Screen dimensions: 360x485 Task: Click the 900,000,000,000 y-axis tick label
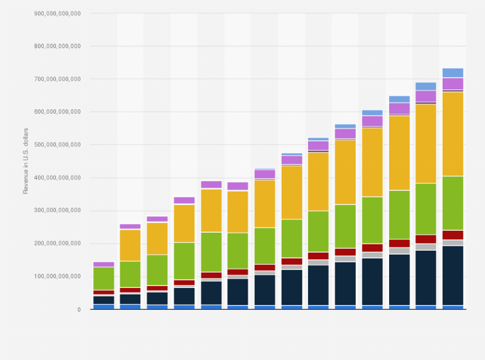[59, 14]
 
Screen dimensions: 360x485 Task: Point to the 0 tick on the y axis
[78, 309]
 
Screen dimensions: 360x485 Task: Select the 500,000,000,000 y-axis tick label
[59, 145]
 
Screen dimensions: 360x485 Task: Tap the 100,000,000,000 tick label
[59, 276]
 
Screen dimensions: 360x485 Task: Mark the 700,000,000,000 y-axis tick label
[59, 79]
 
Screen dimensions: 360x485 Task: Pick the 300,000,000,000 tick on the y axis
[59, 210]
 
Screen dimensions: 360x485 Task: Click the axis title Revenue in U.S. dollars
[26, 161]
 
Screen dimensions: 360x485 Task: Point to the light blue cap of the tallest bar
[453, 73]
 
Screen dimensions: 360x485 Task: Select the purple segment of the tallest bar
[453, 84]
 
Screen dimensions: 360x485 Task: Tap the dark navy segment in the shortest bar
[104, 300]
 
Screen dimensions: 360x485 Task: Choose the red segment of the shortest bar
[104, 292]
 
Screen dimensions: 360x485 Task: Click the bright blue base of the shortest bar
[104, 307]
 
